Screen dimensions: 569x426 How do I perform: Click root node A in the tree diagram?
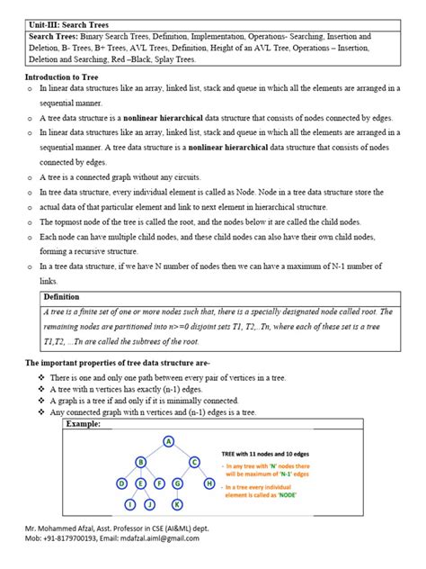pyautogui.click(x=168, y=440)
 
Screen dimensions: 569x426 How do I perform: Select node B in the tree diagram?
pyautogui.click(x=140, y=462)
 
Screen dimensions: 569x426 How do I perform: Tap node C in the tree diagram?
pyautogui.click(x=193, y=462)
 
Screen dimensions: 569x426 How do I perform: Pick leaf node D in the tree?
pyautogui.click(x=121, y=483)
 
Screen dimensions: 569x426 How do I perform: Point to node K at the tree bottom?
pyautogui.click(x=177, y=504)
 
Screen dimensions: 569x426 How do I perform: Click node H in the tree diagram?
pyautogui.click(x=209, y=483)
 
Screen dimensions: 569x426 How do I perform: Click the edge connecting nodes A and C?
pyautogui.click(x=182, y=451)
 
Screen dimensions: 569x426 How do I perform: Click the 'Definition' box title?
pyautogui.click(x=62, y=296)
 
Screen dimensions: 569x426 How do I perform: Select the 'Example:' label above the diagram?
pyautogui.click(x=84, y=423)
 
